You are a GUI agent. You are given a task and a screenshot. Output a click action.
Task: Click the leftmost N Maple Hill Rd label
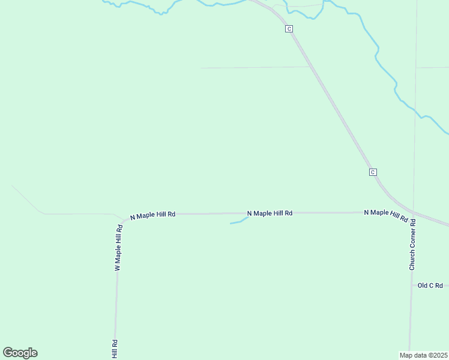click(x=152, y=214)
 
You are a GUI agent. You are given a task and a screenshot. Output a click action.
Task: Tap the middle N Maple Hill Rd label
click(x=270, y=213)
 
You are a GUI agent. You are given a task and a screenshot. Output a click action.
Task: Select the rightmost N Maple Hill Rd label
click(x=385, y=214)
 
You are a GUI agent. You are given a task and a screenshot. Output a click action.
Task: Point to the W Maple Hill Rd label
click(x=118, y=247)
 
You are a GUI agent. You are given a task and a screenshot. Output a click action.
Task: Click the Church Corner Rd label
click(x=412, y=244)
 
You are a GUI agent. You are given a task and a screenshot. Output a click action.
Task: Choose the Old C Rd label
click(x=430, y=286)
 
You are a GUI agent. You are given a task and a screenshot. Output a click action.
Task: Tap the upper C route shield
click(x=289, y=29)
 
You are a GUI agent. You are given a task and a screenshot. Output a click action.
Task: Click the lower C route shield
click(x=373, y=172)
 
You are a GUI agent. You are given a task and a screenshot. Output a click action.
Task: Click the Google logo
click(x=20, y=353)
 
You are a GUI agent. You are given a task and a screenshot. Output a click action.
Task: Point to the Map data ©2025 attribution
click(x=424, y=355)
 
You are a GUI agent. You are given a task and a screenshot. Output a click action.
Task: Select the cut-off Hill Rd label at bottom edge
click(x=114, y=349)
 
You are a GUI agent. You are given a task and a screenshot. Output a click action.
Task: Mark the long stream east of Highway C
click(x=384, y=66)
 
